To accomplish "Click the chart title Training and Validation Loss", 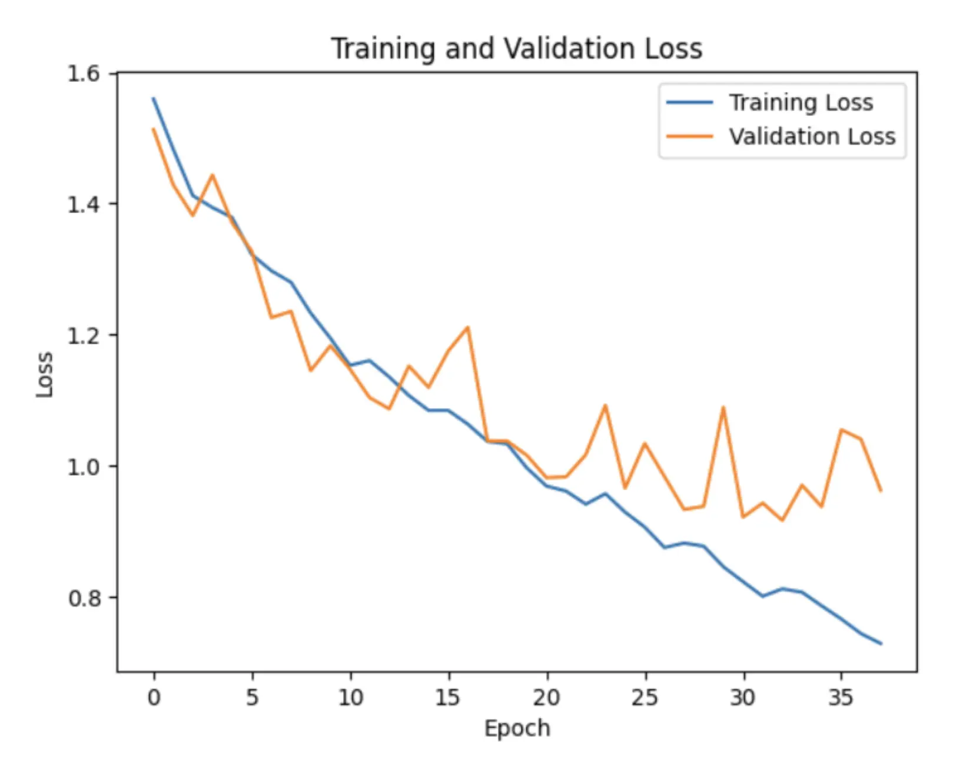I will coord(516,48).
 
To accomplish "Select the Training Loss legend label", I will coord(801,102).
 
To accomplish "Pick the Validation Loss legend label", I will coord(812,137).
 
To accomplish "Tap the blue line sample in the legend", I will coord(689,102).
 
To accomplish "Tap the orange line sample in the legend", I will coord(689,137).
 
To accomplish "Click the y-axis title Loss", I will coord(45,374).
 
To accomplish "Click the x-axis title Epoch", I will coord(517,728).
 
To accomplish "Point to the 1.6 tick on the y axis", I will coord(83,74).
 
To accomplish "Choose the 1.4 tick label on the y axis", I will coord(83,204).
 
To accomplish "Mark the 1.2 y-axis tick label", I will coord(83,335).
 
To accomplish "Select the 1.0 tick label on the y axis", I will coord(83,466).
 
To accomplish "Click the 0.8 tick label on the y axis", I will coord(83,598).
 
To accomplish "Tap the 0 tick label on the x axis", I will coord(154,697).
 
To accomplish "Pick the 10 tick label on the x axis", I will coord(350,697).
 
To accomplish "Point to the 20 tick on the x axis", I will coord(547,697).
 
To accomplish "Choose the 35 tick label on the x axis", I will coord(841,697).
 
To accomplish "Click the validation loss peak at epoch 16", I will coord(468,327).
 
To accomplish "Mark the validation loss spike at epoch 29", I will coord(723,407).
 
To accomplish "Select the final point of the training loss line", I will coord(881,643).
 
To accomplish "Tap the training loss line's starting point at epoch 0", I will coord(154,98).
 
